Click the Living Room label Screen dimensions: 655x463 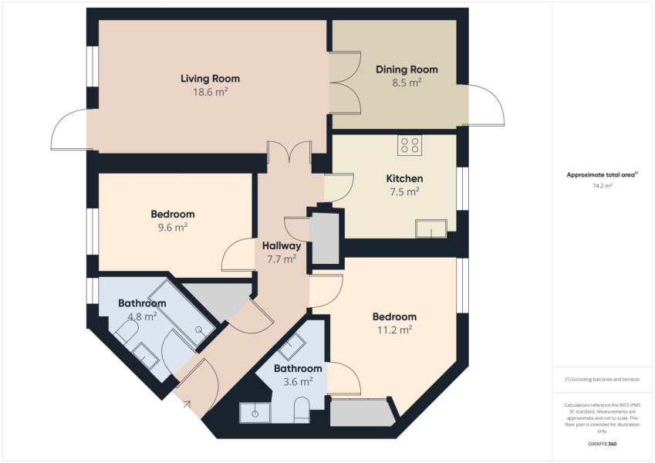coord(210,79)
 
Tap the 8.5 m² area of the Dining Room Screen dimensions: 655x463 coord(407,83)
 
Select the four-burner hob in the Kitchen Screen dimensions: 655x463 coord(410,145)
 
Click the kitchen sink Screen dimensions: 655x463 coord(431,228)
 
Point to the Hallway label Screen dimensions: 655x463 coord(282,245)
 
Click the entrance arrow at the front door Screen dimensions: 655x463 coord(186,404)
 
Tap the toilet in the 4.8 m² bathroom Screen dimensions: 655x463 coord(126,333)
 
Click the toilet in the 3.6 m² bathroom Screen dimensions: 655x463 coord(302,410)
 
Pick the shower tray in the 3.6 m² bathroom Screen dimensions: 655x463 coord(255,413)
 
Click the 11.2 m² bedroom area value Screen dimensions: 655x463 coord(395,330)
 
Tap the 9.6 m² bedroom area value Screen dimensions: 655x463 coord(173,228)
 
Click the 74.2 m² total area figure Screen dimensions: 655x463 coord(602,185)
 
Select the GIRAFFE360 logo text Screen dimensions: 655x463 coord(602,444)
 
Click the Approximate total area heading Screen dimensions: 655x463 coord(602,174)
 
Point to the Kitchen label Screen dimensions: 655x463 coord(404,179)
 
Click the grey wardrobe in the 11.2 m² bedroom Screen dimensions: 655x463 coord(363,412)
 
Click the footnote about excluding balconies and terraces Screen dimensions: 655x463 coord(602,380)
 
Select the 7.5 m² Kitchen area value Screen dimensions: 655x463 coord(404,192)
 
